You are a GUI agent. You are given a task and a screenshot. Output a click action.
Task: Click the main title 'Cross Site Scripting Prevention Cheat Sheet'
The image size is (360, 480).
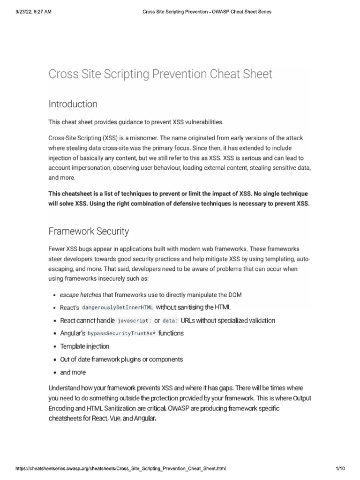[160, 74]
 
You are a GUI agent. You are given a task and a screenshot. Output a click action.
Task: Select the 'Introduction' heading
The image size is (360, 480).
[73, 104]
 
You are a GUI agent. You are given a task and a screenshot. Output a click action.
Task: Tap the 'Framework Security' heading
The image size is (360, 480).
[89, 231]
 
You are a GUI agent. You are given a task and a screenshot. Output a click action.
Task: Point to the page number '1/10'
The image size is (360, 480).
[340, 469]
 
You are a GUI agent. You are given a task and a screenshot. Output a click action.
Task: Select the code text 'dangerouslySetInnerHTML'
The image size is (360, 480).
[118, 307]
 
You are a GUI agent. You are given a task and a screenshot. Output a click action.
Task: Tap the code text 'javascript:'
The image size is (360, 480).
[134, 321]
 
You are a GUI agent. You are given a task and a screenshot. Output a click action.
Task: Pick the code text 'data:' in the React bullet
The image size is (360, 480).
[170, 321]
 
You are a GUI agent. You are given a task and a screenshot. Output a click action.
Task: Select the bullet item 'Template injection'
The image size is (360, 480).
[84, 346]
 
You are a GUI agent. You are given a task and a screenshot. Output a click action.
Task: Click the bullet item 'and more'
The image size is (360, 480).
[73, 372]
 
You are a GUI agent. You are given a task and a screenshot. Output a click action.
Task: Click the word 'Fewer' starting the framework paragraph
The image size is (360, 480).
[58, 248]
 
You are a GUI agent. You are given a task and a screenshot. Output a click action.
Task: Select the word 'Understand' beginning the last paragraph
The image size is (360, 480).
[67, 389]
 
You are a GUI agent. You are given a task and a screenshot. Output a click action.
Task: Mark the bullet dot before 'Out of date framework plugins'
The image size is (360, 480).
[55, 360]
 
